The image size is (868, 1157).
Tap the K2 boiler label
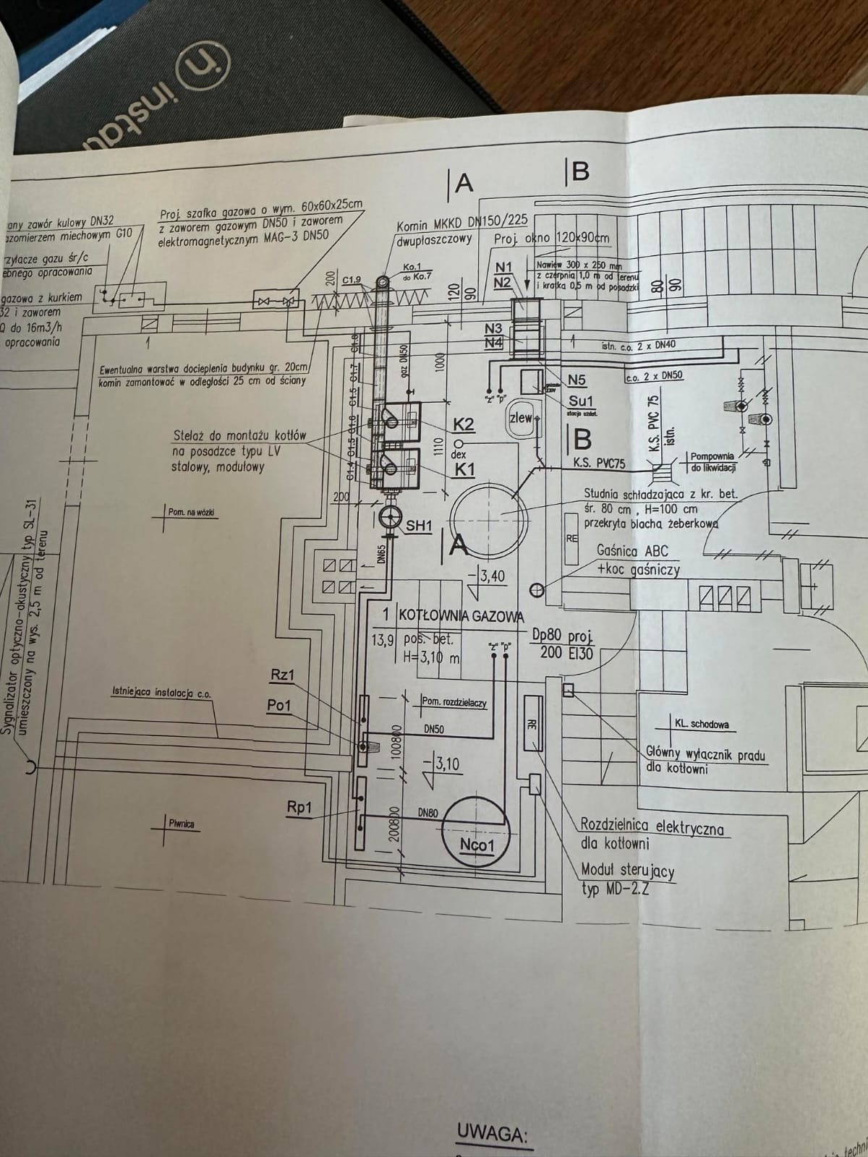464,424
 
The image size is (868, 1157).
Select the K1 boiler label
464,470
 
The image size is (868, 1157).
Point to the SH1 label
418,526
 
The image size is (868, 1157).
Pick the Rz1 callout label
282,675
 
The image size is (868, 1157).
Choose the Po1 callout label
279,705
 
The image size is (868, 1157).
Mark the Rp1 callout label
299,808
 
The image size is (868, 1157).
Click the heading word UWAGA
491,1133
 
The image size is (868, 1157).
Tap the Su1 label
581,401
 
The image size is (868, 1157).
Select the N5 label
576,380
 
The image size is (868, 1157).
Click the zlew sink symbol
522,418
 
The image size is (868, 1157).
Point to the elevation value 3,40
492,576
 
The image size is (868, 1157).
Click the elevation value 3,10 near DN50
447,764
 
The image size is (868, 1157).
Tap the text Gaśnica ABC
632,551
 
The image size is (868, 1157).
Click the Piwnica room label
182,823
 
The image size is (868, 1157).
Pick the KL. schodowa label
702,723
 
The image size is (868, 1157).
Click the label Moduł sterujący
627,871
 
